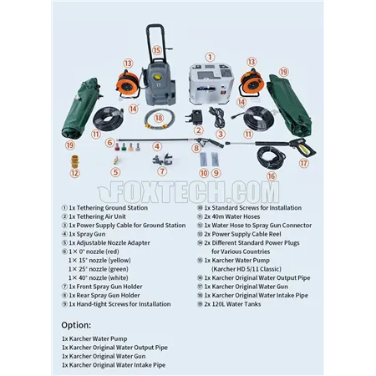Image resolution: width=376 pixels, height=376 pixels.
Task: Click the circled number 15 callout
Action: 157,50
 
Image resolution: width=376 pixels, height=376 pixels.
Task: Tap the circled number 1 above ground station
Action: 210,58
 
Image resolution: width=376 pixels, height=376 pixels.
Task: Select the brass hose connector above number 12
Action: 74,161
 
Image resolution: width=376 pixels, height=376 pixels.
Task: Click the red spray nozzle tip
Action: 117,147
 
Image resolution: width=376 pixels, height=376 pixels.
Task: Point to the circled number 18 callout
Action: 159,118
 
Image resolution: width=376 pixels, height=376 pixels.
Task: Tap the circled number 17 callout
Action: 304,163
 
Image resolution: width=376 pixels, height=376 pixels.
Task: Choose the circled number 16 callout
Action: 271,175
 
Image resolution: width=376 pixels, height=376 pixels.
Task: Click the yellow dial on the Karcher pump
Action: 159,77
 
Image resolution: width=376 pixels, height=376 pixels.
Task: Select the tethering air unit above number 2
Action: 194,117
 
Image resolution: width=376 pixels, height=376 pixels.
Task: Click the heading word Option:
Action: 76,325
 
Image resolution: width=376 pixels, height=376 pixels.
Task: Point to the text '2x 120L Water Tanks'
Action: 232,304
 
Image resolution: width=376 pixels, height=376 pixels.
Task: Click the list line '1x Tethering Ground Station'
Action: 108,208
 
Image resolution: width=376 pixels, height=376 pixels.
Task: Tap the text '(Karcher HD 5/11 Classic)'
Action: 246,269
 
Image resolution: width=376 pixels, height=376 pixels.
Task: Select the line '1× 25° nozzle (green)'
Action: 99,269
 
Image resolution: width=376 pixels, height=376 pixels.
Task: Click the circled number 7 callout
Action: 162,171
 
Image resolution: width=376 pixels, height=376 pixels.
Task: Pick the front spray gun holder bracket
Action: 163,160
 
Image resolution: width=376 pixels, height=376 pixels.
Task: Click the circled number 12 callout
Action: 74,173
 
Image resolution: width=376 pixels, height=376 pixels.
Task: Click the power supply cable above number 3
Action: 217,117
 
